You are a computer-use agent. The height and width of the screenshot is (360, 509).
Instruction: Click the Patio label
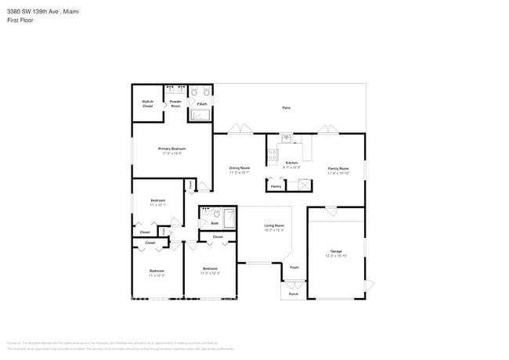click(x=287, y=108)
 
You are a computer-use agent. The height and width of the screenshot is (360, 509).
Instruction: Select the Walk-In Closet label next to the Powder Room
click(x=147, y=103)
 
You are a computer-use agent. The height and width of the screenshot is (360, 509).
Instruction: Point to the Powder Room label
click(x=175, y=103)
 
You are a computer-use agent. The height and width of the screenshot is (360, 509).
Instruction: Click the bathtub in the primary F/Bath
click(x=200, y=116)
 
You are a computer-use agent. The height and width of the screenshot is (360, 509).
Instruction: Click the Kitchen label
click(x=291, y=162)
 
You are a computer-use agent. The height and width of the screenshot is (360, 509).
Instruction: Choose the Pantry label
click(x=276, y=186)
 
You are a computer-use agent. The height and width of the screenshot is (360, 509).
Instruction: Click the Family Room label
click(x=338, y=168)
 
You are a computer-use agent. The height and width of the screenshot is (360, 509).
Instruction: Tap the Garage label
click(x=336, y=251)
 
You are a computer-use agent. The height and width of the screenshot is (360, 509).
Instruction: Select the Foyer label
click(x=294, y=268)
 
